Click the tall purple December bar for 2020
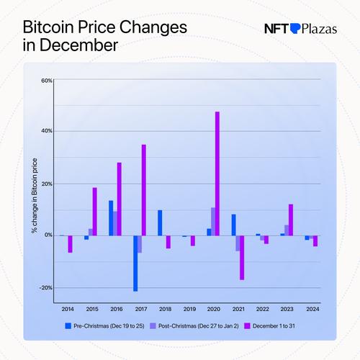(x=217, y=173)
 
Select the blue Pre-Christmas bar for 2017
(x=135, y=263)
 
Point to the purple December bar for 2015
(x=94, y=211)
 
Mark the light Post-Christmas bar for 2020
(x=212, y=221)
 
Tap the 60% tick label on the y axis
(x=45, y=79)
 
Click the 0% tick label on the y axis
(x=48, y=235)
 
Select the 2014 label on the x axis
(x=67, y=309)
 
